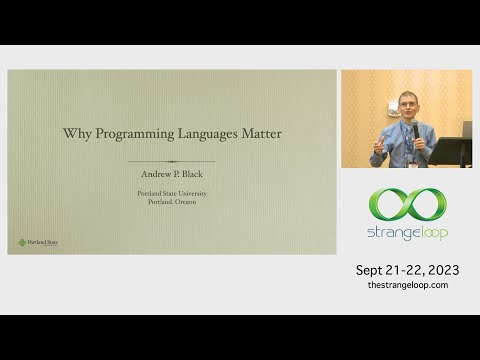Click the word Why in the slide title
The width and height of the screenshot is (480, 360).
(75, 133)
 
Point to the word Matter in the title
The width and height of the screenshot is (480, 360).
(259, 133)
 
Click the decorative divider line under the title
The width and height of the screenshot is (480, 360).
(172, 161)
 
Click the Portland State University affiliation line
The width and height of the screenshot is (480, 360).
(172, 192)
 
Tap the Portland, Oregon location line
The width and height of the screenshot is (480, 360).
(172, 201)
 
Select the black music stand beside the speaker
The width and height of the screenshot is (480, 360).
(448, 152)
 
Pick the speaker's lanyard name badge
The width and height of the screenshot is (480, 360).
(411, 160)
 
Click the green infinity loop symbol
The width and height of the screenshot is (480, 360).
(407, 204)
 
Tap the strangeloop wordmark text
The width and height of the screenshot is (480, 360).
(407, 233)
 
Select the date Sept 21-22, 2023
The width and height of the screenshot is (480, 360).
(407, 270)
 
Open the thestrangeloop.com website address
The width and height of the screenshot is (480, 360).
(407, 285)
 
